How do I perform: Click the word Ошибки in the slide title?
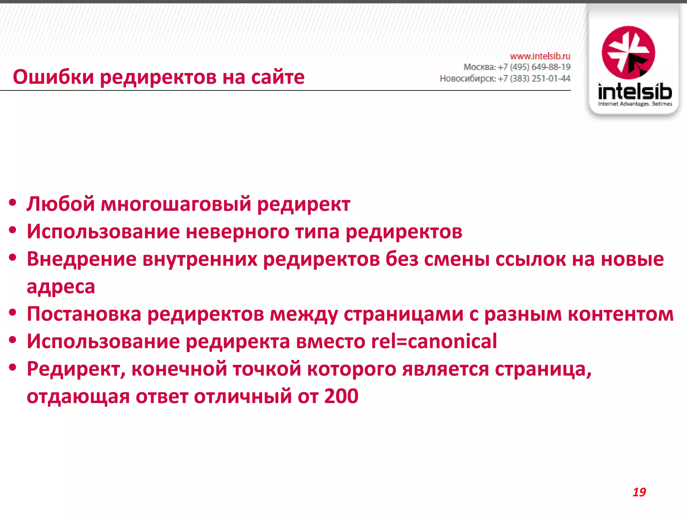53,77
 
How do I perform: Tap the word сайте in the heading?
278,77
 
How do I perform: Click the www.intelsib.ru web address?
540,56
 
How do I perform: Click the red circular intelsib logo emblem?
628,53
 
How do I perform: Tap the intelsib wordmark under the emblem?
635,91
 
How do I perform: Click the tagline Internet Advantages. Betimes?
635,104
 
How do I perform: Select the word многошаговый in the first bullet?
176,204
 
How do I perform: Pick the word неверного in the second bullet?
237,232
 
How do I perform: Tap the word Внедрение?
82,259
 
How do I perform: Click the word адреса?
61,287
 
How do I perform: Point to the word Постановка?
84,314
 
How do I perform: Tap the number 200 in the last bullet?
341,396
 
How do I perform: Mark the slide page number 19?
639,492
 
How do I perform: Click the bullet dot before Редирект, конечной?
13,367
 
